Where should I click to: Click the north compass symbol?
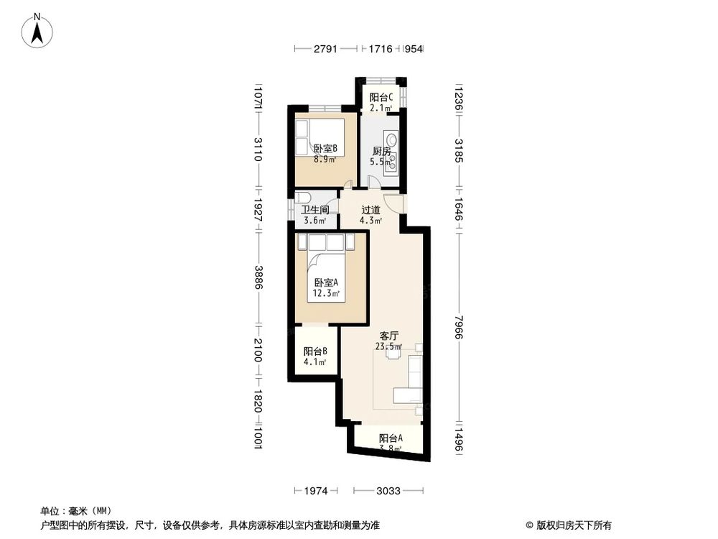point(37,31)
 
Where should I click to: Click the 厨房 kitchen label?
point(381,152)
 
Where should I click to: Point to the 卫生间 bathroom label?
point(315,210)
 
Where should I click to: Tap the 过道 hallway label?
point(370,210)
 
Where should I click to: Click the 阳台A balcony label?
point(391,438)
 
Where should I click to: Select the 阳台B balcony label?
point(315,351)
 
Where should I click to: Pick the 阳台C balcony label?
point(381,98)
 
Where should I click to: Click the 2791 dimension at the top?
point(325,49)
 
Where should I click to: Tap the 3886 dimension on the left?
point(259,277)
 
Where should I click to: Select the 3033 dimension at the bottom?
point(388,491)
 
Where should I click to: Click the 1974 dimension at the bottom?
point(317,491)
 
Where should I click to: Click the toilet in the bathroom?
point(302,198)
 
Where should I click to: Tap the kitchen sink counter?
point(391,151)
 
